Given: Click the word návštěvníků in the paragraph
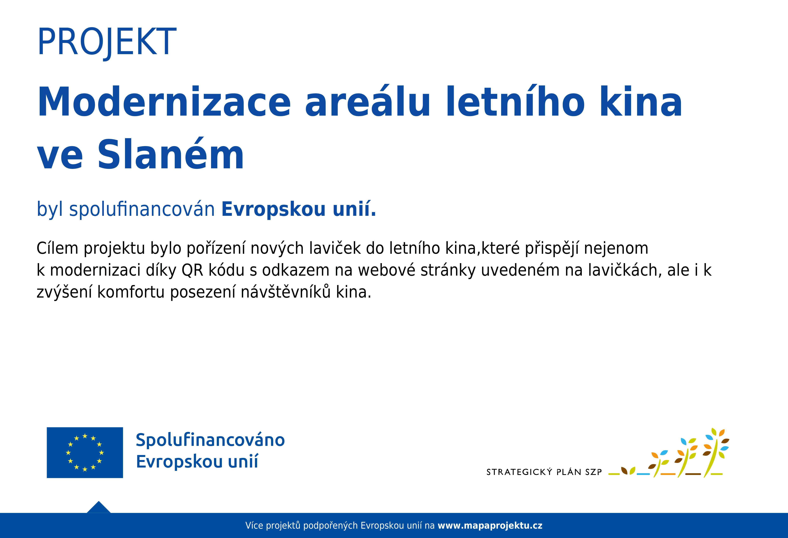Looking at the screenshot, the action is pos(285,292).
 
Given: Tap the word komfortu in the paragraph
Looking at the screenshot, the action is pos(131,292).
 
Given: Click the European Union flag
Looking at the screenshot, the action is pos(85,453).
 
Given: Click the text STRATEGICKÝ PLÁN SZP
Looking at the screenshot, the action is pos(544,472).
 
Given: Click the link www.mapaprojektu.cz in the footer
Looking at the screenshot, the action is pos(490,526).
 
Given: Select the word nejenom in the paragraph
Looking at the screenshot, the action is pos(616,249).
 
